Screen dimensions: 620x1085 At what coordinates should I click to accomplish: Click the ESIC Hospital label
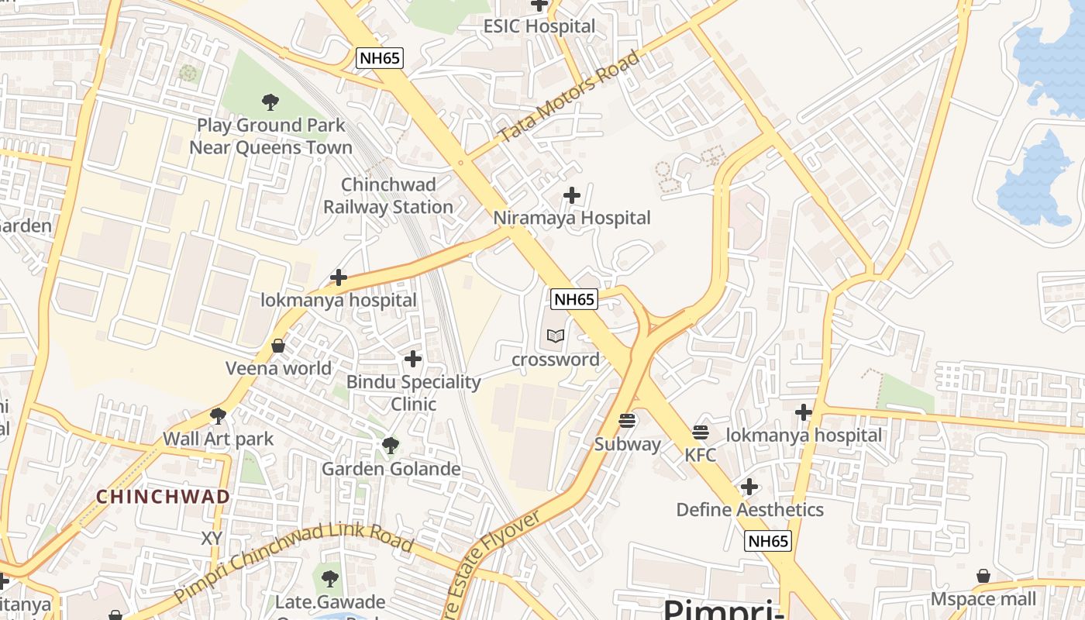(539, 26)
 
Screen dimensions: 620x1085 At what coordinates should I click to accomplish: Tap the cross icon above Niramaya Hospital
(572, 195)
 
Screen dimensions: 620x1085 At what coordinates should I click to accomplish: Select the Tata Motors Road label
(570, 96)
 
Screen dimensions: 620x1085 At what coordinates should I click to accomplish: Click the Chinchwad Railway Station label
(388, 196)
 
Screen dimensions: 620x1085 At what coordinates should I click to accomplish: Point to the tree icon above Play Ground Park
(270, 102)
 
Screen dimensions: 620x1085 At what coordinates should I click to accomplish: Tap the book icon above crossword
(556, 336)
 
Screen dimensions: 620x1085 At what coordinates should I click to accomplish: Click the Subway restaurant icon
(628, 421)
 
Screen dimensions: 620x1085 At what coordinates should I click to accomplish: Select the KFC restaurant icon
(701, 432)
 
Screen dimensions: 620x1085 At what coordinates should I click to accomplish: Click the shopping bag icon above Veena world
(278, 346)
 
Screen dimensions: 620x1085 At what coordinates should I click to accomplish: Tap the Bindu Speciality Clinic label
(413, 393)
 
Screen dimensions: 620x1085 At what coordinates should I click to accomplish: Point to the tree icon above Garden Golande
(391, 446)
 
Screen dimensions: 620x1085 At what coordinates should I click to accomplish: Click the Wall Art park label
(219, 439)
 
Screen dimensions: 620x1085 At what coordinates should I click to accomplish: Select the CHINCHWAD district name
(163, 497)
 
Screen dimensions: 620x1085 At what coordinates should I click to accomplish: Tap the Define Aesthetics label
(749, 510)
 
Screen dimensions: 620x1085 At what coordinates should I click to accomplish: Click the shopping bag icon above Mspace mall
(983, 576)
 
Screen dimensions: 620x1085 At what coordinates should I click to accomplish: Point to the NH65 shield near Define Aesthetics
(768, 541)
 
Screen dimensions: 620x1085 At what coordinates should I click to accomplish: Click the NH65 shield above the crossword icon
(574, 299)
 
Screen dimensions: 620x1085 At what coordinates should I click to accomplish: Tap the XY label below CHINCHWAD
(212, 538)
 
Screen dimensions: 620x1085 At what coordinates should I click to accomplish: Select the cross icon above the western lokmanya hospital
(339, 277)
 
